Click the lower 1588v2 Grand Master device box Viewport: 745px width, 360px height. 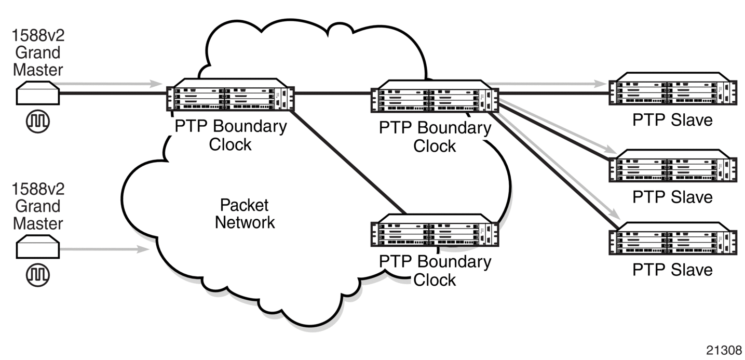(38, 247)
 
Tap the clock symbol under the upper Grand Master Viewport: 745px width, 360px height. (38, 121)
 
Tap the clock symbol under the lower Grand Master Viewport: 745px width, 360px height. (38, 275)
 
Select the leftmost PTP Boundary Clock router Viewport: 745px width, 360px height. (231, 95)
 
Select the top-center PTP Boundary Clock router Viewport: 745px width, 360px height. (435, 96)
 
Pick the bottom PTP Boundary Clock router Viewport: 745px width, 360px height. (435, 230)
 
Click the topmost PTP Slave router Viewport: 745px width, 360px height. (673, 88)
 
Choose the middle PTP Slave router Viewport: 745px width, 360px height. (673, 166)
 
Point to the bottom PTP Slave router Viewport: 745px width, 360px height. (673, 238)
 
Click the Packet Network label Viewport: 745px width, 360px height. (245, 214)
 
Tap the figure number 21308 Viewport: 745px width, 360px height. (724, 350)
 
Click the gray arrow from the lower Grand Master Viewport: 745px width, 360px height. (104, 249)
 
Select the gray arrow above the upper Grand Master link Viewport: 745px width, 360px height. (107, 84)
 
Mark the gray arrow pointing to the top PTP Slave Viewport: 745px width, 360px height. (547, 84)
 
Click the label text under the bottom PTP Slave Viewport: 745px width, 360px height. (672, 270)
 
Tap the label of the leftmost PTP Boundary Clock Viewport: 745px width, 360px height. (231, 135)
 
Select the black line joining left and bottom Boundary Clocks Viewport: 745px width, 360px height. (347, 162)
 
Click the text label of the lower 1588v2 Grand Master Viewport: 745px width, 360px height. (38, 206)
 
